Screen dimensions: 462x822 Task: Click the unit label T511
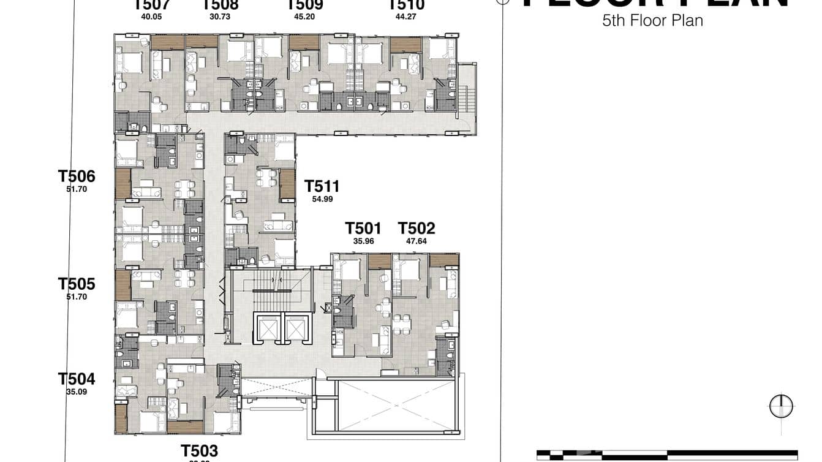(322, 186)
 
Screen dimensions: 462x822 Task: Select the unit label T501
(363, 229)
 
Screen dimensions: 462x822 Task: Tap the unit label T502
(417, 229)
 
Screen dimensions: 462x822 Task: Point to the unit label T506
(77, 176)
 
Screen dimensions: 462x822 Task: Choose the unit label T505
(77, 284)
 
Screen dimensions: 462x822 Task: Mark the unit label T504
(77, 379)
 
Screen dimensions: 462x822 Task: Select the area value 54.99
(322, 199)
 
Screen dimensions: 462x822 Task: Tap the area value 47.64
(417, 241)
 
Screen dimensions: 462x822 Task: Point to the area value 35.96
(363, 241)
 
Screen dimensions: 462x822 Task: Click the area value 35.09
(77, 391)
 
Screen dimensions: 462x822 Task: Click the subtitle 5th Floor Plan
(652, 20)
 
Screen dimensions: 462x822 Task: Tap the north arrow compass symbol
(781, 406)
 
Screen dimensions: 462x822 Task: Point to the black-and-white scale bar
(668, 455)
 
